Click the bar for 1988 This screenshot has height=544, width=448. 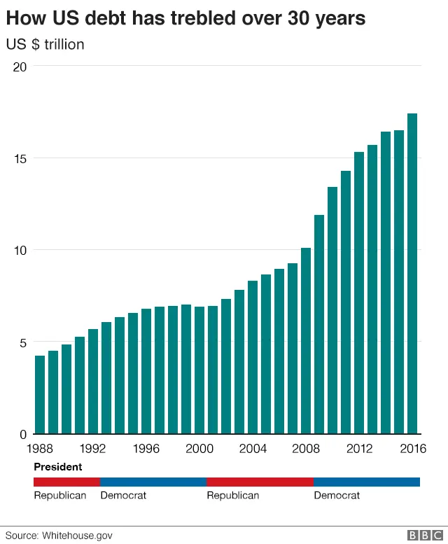40,395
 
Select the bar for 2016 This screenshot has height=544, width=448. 412,274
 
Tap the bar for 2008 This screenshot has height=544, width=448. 306,341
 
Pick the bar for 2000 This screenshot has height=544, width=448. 199,370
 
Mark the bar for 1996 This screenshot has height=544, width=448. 146,371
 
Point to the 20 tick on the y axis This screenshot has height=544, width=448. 19,67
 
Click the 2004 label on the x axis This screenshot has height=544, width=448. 253,449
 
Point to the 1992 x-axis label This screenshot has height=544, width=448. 93,449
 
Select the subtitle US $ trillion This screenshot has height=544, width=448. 45,45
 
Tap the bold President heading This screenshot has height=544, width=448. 57,466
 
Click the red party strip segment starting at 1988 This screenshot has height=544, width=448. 66,482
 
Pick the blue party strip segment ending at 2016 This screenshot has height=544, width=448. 367,482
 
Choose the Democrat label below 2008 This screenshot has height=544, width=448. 337,496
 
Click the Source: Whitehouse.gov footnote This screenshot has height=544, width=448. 59,535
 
